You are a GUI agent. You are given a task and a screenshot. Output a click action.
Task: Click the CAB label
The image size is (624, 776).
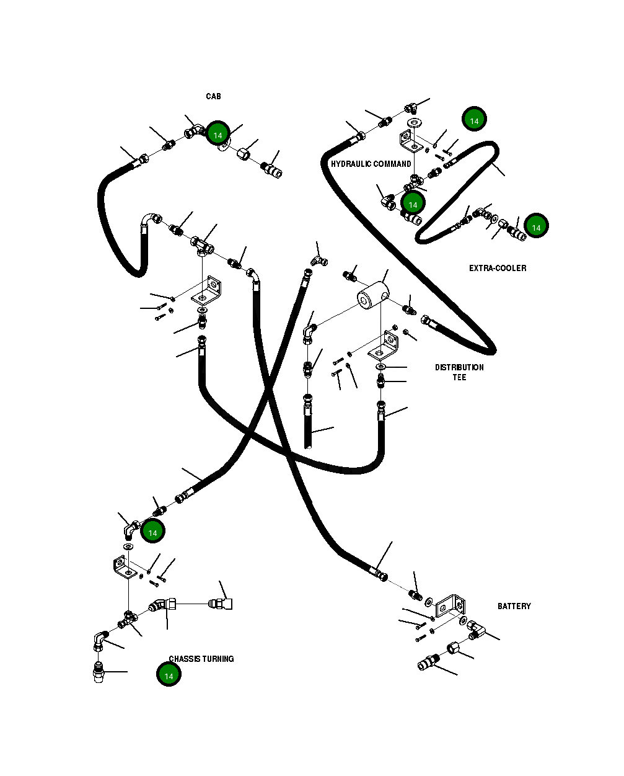[x=213, y=96]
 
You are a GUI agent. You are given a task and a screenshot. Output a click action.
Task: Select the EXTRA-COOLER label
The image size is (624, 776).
[x=498, y=269]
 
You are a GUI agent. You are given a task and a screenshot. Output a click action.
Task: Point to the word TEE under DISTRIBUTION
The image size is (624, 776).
[x=459, y=378]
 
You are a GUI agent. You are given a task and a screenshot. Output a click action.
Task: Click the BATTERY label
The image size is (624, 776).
[x=514, y=606]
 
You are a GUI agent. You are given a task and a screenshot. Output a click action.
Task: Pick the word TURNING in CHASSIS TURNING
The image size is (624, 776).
[x=218, y=659]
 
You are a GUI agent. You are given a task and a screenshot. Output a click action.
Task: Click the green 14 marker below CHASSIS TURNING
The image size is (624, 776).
[x=169, y=674]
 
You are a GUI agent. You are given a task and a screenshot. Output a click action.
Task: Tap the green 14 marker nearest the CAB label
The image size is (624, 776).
[x=218, y=133]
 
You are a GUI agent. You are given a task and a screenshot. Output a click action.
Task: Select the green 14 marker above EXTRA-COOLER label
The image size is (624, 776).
[x=536, y=226]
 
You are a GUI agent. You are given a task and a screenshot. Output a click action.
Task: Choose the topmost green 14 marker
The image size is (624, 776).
[x=474, y=119]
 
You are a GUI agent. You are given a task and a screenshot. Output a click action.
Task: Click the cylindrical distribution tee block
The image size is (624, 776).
[x=373, y=295]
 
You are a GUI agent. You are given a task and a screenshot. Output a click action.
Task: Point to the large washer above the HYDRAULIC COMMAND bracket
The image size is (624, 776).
[x=415, y=123]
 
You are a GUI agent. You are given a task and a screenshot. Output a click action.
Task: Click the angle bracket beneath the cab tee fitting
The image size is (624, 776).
[x=206, y=291]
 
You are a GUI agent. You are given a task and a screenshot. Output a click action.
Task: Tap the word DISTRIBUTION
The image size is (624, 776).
[x=459, y=367]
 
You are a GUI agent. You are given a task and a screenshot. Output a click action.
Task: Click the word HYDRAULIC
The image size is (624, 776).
[x=350, y=164]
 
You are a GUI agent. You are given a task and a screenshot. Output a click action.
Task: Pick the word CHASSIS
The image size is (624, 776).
[x=185, y=659]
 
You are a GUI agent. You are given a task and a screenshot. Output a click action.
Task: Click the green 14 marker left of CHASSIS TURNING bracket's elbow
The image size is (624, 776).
[x=152, y=531]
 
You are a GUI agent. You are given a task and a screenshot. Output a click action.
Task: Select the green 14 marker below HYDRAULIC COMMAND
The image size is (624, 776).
[x=413, y=203]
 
